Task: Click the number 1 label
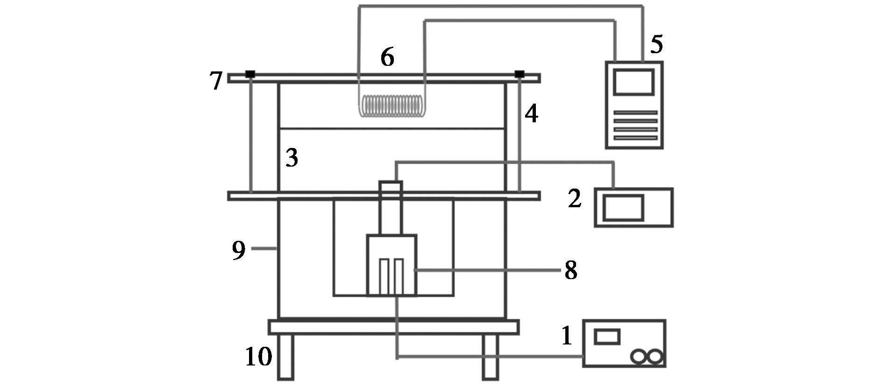pyautogui.click(x=567, y=336)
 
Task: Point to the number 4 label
pyautogui.click(x=531, y=113)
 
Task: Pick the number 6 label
pyautogui.click(x=387, y=57)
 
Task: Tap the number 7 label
pyautogui.click(x=215, y=81)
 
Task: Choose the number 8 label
pyautogui.click(x=571, y=270)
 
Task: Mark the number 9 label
pyautogui.click(x=239, y=250)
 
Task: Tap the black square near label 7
pyautogui.click(x=250, y=74)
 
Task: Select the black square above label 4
pyautogui.click(x=520, y=74)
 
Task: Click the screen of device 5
pyautogui.click(x=634, y=82)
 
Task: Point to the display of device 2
pyautogui.click(x=623, y=208)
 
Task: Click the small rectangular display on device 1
pyautogui.click(x=607, y=337)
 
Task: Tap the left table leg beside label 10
pyautogui.click(x=285, y=357)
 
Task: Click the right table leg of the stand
pyautogui.click(x=491, y=357)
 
